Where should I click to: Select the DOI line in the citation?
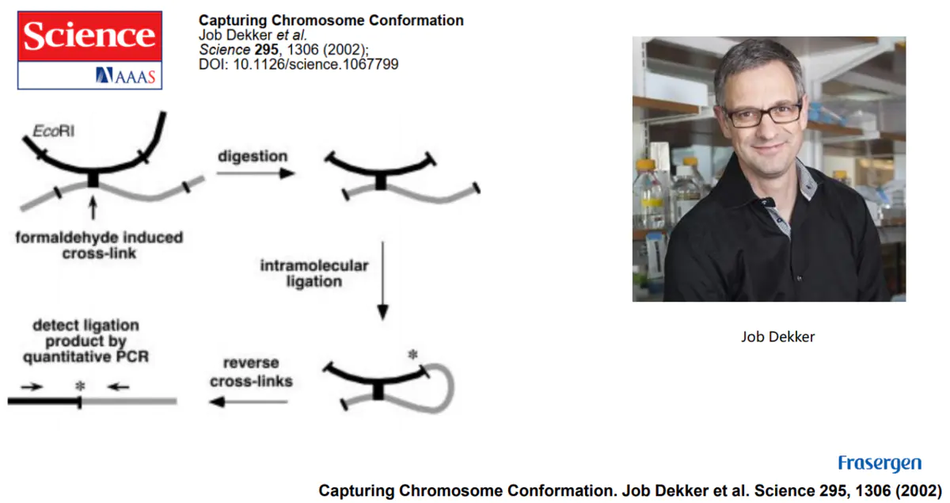[x=298, y=63]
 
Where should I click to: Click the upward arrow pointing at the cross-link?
[x=93, y=208]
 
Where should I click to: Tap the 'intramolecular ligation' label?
[x=314, y=272]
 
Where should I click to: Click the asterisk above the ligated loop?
[x=412, y=356]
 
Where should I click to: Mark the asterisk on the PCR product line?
[x=79, y=386]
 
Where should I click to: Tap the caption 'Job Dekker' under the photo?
[x=777, y=337]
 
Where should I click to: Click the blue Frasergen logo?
[x=879, y=463]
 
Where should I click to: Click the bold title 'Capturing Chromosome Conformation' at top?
[x=331, y=21]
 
